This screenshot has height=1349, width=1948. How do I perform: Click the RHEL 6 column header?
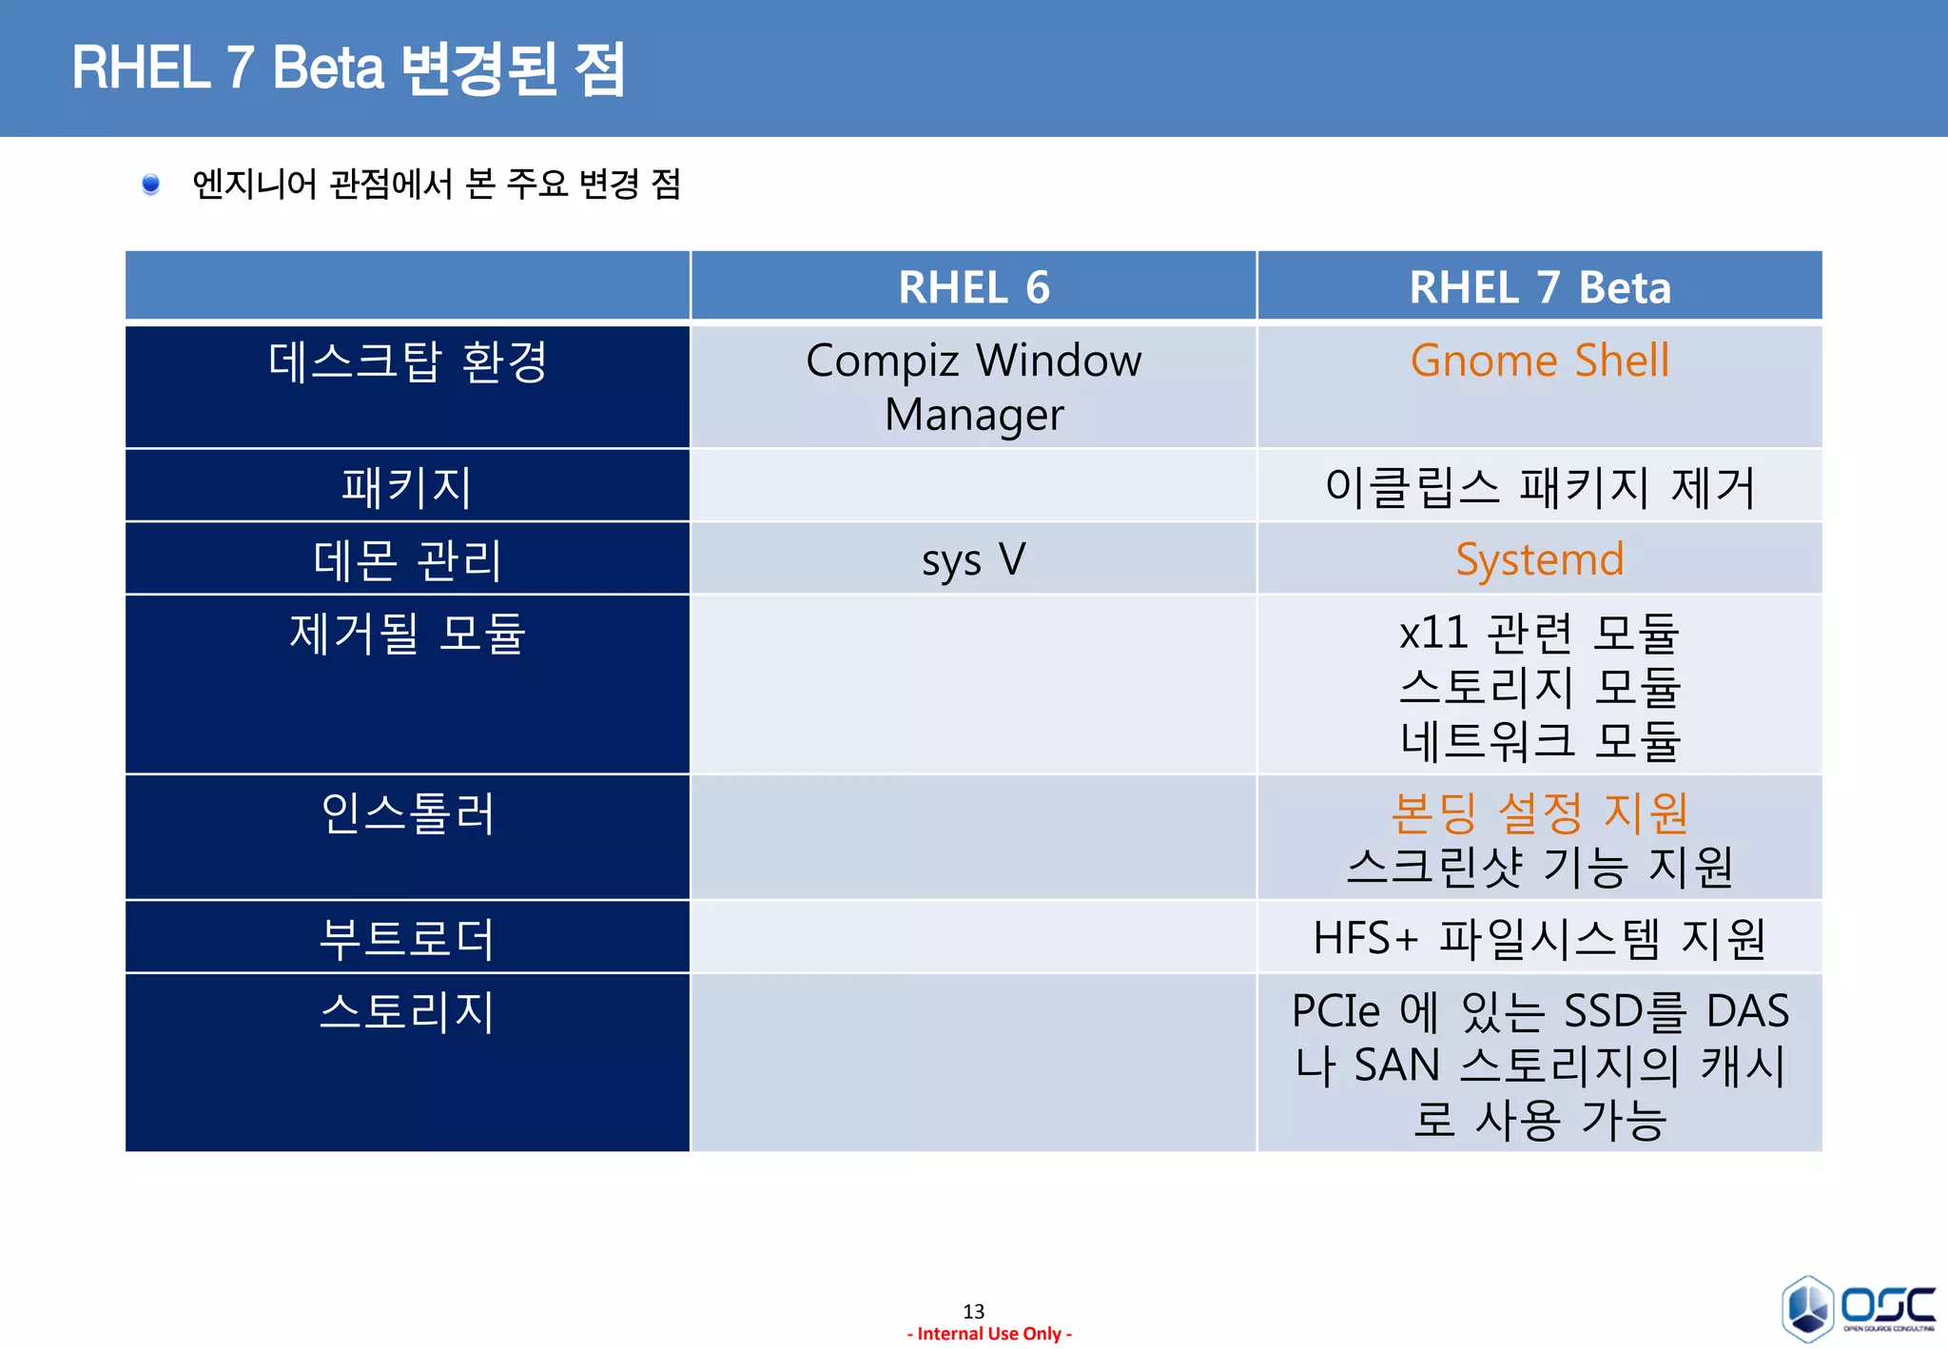[x=973, y=287]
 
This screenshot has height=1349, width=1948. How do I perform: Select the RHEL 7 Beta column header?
[x=1539, y=287]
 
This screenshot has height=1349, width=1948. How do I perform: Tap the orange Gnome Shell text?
[x=1539, y=361]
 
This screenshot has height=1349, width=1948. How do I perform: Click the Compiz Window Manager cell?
[x=973, y=387]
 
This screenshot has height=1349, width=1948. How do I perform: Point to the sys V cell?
[x=973, y=559]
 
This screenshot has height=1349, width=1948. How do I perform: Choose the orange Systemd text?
[x=1539, y=559]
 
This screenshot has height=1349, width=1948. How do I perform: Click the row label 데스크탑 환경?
[x=407, y=362]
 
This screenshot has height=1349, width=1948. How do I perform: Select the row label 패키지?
[x=407, y=486]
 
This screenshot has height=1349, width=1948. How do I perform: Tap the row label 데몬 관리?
[x=407, y=559]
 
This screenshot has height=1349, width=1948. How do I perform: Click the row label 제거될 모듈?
[x=407, y=633]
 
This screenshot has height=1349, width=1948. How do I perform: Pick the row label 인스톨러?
[x=407, y=813]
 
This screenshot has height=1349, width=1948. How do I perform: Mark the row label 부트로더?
[x=407, y=938]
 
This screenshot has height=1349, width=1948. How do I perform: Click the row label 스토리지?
[x=407, y=1011]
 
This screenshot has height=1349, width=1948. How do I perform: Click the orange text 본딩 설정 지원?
[x=1539, y=812]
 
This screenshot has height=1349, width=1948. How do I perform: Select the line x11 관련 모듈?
[x=1539, y=633]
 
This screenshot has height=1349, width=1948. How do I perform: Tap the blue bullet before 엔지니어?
[x=150, y=184]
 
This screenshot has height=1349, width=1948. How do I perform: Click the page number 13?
[x=973, y=1311]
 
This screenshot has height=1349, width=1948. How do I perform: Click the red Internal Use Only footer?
[x=989, y=1334]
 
